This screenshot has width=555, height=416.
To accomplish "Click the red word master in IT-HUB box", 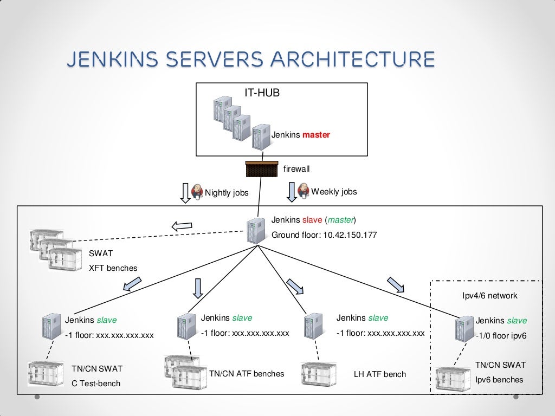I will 316,135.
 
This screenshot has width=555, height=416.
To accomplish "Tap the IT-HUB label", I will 262,93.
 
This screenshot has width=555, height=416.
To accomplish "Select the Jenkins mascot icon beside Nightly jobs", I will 197,191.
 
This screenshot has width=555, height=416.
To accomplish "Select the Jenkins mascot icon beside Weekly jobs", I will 303,191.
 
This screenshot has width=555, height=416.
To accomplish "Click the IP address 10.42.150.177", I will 350,235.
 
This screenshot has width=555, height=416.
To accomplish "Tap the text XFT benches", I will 113,268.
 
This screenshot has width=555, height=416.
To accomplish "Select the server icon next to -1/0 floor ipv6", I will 463,329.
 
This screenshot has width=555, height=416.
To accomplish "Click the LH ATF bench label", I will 379,374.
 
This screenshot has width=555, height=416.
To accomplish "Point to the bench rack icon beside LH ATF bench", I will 319,373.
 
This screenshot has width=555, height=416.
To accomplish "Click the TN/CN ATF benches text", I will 247,373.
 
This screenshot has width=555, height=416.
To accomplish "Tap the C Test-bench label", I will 96,383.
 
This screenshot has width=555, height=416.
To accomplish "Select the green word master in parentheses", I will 340,220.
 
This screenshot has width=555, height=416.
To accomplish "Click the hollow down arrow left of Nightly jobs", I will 184,193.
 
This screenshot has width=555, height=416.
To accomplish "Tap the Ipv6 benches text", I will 499,380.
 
